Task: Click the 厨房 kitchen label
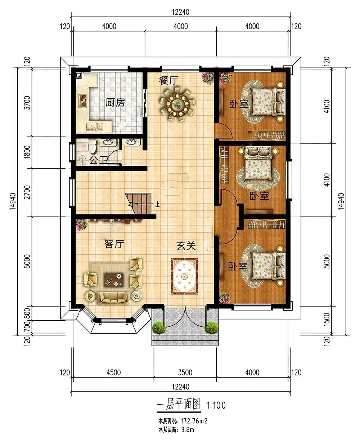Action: coord(115,102)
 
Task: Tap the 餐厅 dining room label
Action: coord(168,80)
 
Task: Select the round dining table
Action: coord(177,104)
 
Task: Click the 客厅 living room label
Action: coord(114,244)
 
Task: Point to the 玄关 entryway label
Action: coord(186,246)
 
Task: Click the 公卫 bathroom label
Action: coord(98,160)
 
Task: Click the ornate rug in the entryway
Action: coord(184,276)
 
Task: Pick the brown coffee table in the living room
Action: coord(114,280)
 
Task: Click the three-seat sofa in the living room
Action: coord(113,298)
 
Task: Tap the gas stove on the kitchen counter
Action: coord(83,101)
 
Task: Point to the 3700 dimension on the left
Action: coord(27,103)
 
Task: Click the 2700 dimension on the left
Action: coord(27,192)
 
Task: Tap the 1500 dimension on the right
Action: coord(327,319)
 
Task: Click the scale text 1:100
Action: coord(216,405)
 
